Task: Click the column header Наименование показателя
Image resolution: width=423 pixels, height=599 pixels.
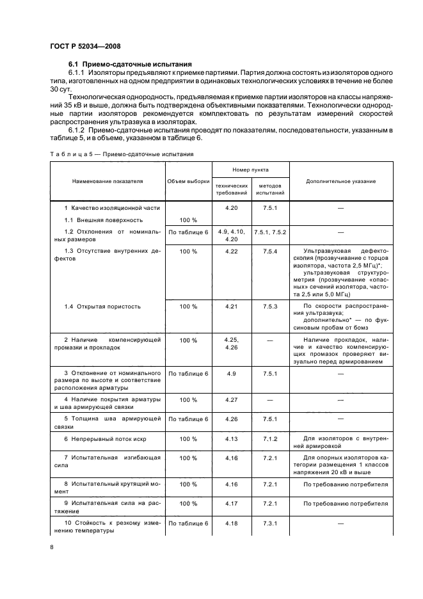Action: [108, 181]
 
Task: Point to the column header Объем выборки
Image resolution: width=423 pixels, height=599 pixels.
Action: [188, 181]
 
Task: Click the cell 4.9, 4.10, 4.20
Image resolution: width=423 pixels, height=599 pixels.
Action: [232, 235]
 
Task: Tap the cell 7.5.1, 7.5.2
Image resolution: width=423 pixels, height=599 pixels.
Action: [270, 231]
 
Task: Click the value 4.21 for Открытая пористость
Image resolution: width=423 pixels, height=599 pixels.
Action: [232, 307]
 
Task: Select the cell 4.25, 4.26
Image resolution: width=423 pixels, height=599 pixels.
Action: [232, 343]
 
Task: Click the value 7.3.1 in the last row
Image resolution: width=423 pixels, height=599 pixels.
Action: [270, 523]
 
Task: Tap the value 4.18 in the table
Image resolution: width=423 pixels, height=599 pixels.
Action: [232, 523]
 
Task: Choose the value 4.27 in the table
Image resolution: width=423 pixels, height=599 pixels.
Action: [232, 399]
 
